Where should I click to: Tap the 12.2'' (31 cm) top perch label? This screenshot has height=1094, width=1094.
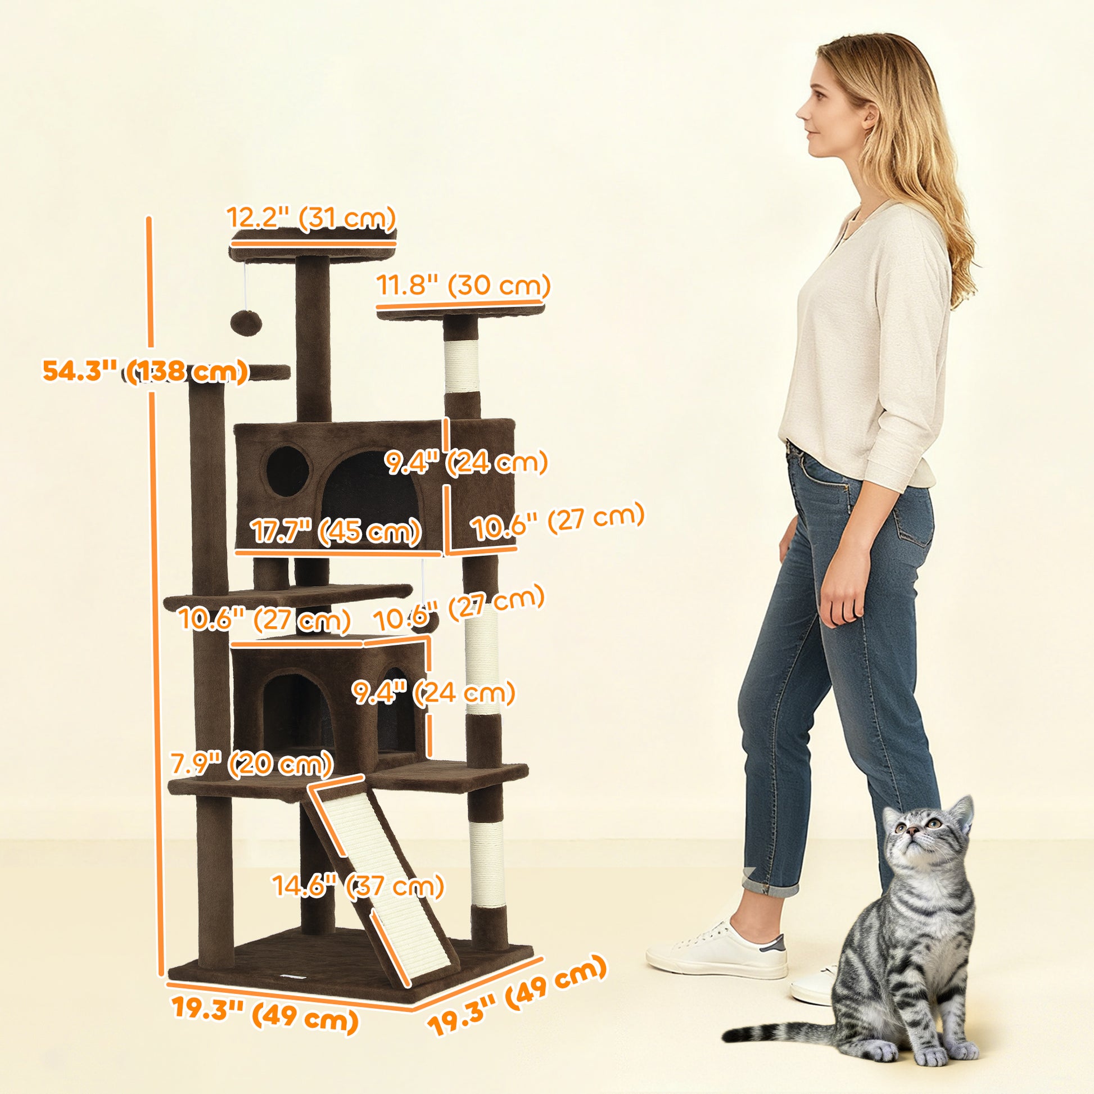[311, 218]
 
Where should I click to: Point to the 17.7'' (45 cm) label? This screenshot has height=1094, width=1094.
[336, 532]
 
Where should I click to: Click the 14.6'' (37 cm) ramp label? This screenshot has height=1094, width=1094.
[359, 885]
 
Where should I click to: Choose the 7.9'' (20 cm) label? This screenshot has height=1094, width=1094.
[251, 764]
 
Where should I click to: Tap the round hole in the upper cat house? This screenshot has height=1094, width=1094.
[288, 471]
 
